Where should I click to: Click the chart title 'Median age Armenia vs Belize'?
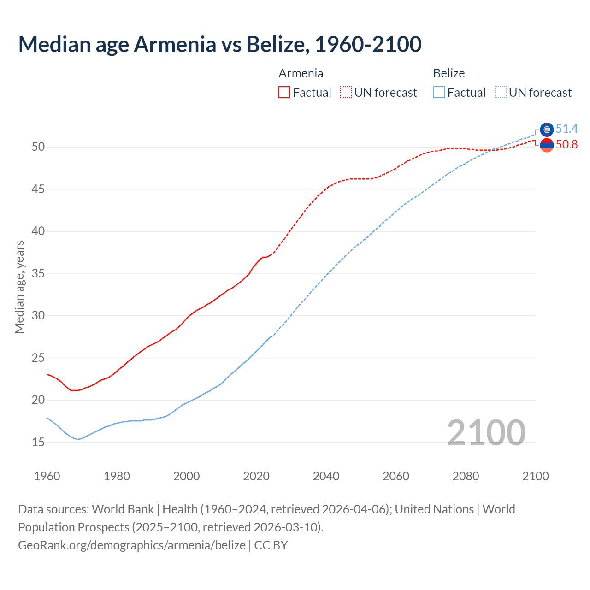[219, 44]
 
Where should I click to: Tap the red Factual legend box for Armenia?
[284, 93]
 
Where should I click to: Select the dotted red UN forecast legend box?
[346, 93]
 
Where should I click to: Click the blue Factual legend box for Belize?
[439, 93]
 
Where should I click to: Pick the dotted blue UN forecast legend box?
[501, 93]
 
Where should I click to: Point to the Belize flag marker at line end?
[547, 130]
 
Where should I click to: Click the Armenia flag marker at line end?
[547, 145]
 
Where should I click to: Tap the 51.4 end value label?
[566, 129]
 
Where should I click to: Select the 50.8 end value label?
[566, 145]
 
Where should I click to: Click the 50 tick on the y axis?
[38, 147]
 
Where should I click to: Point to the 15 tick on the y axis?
[38, 442]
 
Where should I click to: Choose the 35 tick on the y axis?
[38, 273]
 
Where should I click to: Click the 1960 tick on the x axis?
[47, 476]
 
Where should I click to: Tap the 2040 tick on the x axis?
[326, 476]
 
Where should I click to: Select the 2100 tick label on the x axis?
[535, 476]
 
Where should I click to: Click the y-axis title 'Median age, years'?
[19, 287]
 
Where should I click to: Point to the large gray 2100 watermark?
[486, 432]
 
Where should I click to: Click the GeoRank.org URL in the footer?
[132, 545]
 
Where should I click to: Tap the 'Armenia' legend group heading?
[301, 73]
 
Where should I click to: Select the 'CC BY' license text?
[271, 545]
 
